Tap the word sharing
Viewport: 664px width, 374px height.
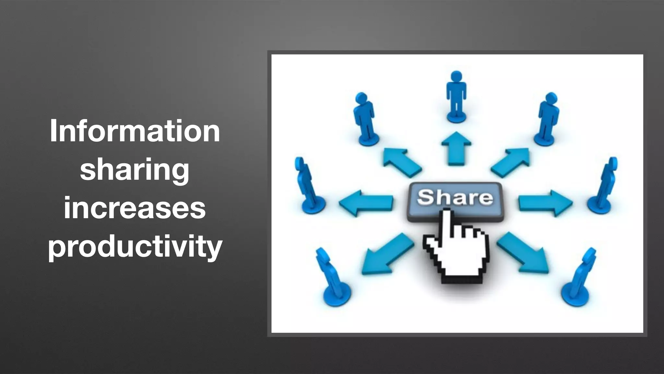pos(135,170)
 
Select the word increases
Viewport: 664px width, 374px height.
pos(135,208)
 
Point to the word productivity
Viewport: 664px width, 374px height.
pos(135,247)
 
